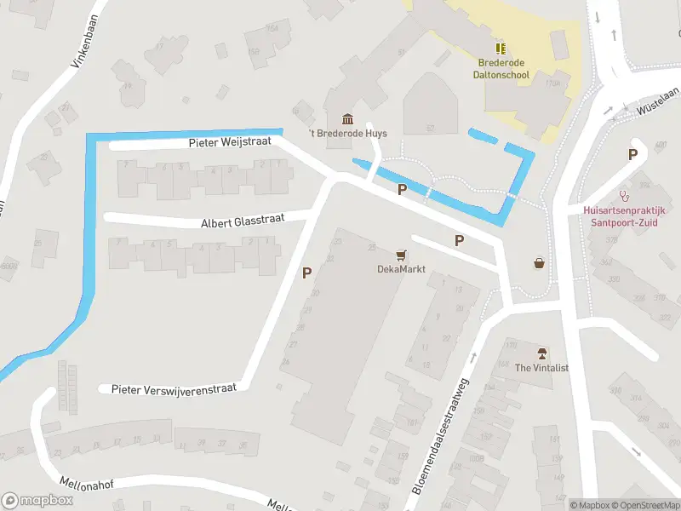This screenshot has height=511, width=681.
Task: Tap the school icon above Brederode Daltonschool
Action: click(x=501, y=48)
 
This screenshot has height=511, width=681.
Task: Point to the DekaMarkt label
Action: click(x=401, y=269)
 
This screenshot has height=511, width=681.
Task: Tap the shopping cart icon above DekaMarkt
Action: click(x=401, y=254)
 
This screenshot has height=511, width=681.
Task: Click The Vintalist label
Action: click(x=541, y=368)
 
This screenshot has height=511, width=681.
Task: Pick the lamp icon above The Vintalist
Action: click(x=541, y=353)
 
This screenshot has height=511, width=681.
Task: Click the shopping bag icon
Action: click(x=539, y=262)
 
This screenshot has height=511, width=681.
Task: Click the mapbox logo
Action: click(x=37, y=500)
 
